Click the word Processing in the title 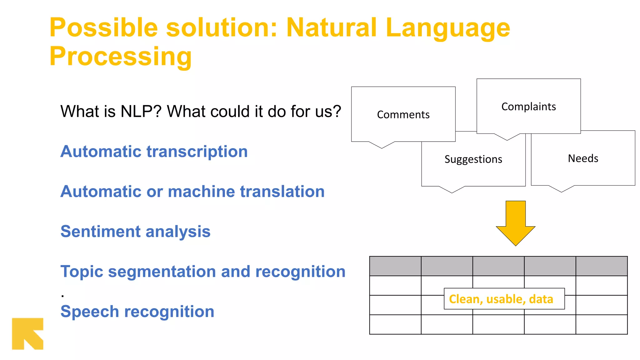(x=120, y=56)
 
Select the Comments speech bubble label (x=403, y=115)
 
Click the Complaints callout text (x=528, y=107)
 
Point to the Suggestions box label (x=473, y=159)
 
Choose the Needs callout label (x=583, y=158)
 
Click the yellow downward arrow (x=515, y=223)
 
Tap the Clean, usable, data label (x=501, y=299)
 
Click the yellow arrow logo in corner (x=27, y=333)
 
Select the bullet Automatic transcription (x=154, y=152)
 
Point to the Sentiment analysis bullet (x=135, y=232)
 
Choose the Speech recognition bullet (x=137, y=312)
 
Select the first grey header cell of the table (x=395, y=266)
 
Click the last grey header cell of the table (x=601, y=266)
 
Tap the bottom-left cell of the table (x=395, y=324)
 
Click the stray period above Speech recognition (x=63, y=295)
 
